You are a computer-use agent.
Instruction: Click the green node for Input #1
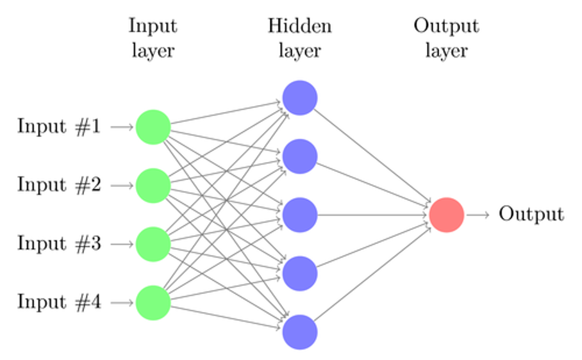pos(153,127)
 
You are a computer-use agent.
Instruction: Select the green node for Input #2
pos(153,185)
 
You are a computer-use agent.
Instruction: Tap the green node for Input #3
pos(153,243)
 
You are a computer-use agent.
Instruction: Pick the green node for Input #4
pos(153,302)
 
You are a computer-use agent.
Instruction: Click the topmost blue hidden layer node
pos(300,98)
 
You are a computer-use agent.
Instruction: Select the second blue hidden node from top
pos(300,156)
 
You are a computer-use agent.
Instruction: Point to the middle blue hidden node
pos(300,215)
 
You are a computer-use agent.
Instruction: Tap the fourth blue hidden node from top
pos(300,274)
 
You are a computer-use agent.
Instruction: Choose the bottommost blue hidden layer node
pos(300,332)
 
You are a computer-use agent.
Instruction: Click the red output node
pos(447,215)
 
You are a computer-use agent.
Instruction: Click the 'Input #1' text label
pos(59,126)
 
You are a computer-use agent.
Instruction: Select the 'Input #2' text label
pos(59,184)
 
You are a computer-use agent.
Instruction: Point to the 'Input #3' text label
pos(59,243)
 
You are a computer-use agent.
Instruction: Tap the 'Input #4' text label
pos(59,302)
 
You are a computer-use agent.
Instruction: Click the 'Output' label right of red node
pos(531,215)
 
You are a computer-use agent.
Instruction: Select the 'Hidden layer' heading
pos(300,38)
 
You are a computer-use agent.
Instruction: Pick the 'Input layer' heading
pos(153,38)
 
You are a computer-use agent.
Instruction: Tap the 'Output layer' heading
pos(446,38)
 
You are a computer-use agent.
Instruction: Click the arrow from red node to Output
pos(478,215)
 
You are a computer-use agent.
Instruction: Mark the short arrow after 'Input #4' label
pos(121,302)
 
